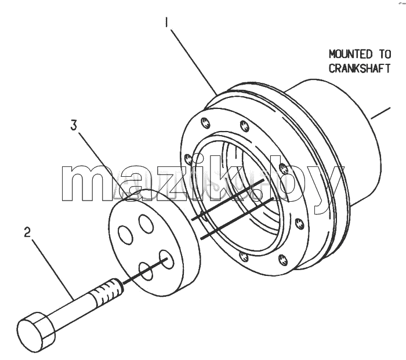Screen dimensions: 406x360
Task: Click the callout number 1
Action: click(167, 22)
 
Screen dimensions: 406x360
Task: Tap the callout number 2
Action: click(27, 232)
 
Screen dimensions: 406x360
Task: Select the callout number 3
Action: click(74, 125)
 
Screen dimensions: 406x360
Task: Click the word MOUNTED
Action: click(350, 54)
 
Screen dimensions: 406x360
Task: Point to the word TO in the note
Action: click(385, 54)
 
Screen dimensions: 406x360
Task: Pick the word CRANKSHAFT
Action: click(360, 68)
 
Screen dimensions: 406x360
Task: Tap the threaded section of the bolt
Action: click(109, 290)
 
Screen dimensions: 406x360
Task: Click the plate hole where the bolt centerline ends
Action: click(166, 259)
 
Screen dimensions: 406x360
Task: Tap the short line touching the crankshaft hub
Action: click(380, 113)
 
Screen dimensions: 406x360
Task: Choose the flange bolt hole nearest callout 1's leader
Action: click(205, 122)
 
